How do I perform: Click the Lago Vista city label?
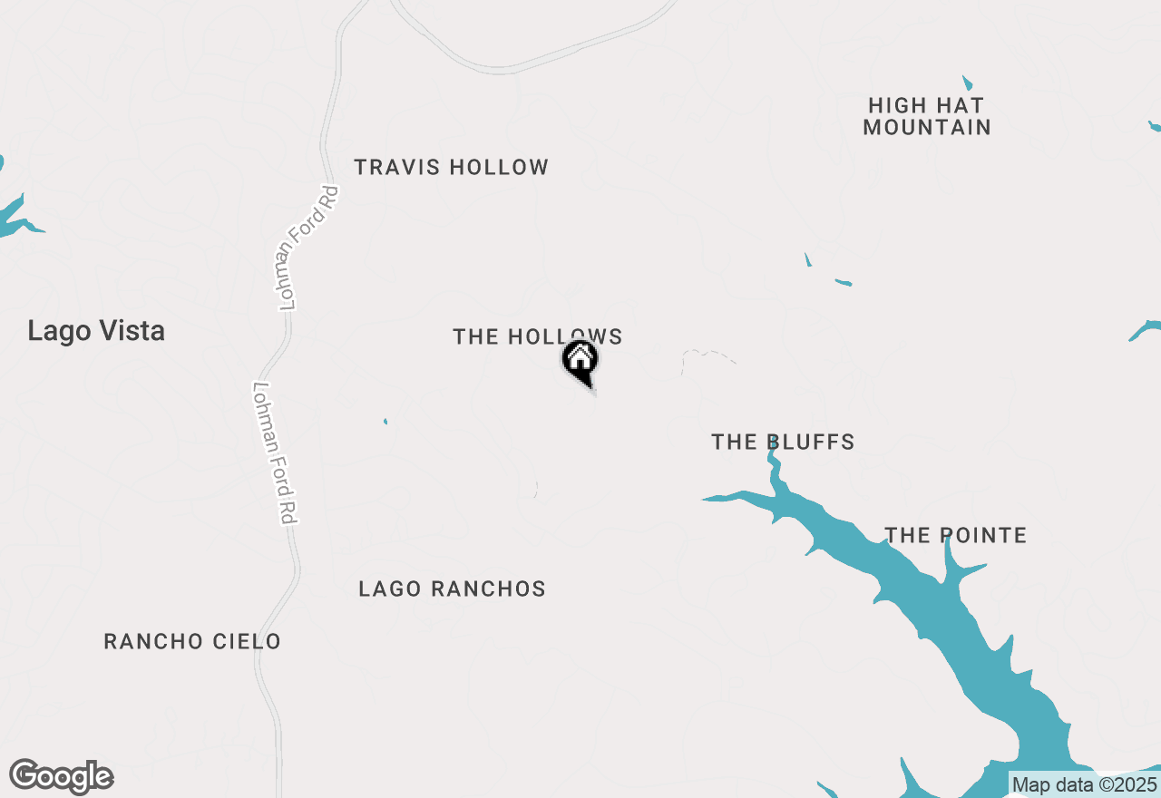96,331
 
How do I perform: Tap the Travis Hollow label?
451,168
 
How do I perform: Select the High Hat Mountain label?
926,117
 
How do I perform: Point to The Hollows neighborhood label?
537,337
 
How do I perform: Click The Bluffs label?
783,443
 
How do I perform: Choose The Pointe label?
955,536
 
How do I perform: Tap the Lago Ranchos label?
452,589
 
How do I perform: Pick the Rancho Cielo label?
192,642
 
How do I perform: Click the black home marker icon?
580,360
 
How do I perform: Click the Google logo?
62,777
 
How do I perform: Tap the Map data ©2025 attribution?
1084,784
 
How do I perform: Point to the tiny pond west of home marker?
385,421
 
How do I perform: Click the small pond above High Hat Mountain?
967,83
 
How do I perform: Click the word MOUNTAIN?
926,128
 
